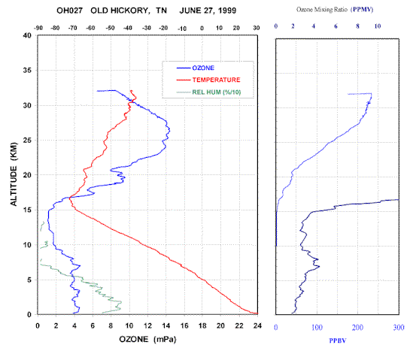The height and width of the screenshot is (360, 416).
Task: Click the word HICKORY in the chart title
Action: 129,11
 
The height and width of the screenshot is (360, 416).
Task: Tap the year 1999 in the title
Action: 227,11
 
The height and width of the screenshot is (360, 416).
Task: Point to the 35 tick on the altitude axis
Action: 27,70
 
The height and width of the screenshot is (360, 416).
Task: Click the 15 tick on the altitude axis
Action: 27,210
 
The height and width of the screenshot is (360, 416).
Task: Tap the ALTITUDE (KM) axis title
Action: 14,174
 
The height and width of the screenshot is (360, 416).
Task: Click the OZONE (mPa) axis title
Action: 147,339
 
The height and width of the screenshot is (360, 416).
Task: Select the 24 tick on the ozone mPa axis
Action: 257,325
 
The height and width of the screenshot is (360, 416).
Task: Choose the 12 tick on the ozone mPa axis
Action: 147,325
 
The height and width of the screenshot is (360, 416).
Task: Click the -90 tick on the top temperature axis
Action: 38,28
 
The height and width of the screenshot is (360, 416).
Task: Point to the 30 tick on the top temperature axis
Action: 257,28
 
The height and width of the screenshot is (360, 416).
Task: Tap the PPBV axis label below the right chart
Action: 338,340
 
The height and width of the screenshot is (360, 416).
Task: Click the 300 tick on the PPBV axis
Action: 399,328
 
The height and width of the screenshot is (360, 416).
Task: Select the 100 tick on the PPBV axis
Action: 317,328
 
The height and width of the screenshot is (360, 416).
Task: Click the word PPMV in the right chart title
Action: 362,10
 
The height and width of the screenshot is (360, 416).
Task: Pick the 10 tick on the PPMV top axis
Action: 378,26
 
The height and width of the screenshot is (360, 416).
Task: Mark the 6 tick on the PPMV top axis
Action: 336,26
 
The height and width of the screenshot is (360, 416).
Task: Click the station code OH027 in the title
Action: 70,11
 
